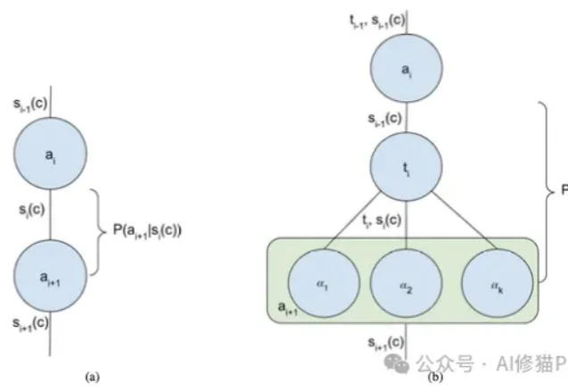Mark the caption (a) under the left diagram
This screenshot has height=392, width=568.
[x=90, y=379]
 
